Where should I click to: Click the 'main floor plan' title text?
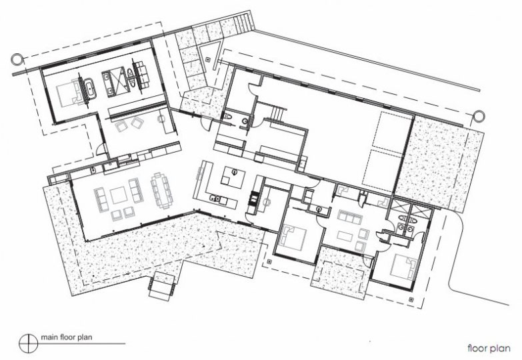point(66,337)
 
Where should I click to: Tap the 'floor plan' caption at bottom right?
point(489,349)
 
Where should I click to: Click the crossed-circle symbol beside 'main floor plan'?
point(29,343)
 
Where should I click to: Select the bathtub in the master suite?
point(90,89)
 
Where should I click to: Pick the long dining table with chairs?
point(162,191)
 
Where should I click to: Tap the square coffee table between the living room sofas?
point(119,195)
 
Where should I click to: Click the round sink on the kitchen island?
point(235,172)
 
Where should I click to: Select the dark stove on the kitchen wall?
point(253,199)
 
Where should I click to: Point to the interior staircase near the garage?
point(277,114)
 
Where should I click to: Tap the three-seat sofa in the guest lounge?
point(349,218)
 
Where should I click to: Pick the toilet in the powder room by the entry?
point(228,117)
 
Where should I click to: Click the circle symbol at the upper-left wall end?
point(16,59)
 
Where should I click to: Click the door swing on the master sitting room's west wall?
point(101,150)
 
